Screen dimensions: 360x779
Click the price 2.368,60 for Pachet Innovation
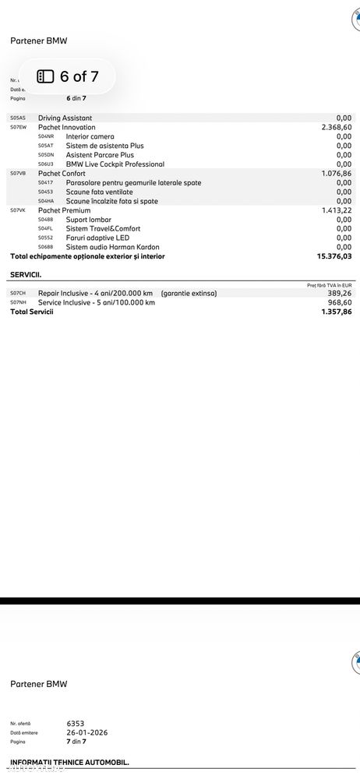pyautogui.click(x=336, y=127)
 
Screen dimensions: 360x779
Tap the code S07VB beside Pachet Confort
pyautogui.click(x=18, y=173)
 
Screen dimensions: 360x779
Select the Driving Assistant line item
pyautogui.click(x=65, y=118)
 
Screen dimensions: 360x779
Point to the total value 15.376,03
pyautogui.click(x=334, y=256)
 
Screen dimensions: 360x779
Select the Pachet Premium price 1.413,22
pyautogui.click(x=336, y=210)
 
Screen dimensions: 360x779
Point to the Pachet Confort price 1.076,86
pyautogui.click(x=336, y=173)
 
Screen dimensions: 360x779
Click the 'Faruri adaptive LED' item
pyautogui.click(x=97, y=238)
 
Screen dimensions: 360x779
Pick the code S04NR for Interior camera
pyautogui.click(x=45, y=136)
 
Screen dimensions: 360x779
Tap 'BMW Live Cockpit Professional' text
pyautogui.click(x=115, y=164)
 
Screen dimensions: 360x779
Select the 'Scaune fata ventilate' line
pyautogui.click(x=99, y=192)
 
